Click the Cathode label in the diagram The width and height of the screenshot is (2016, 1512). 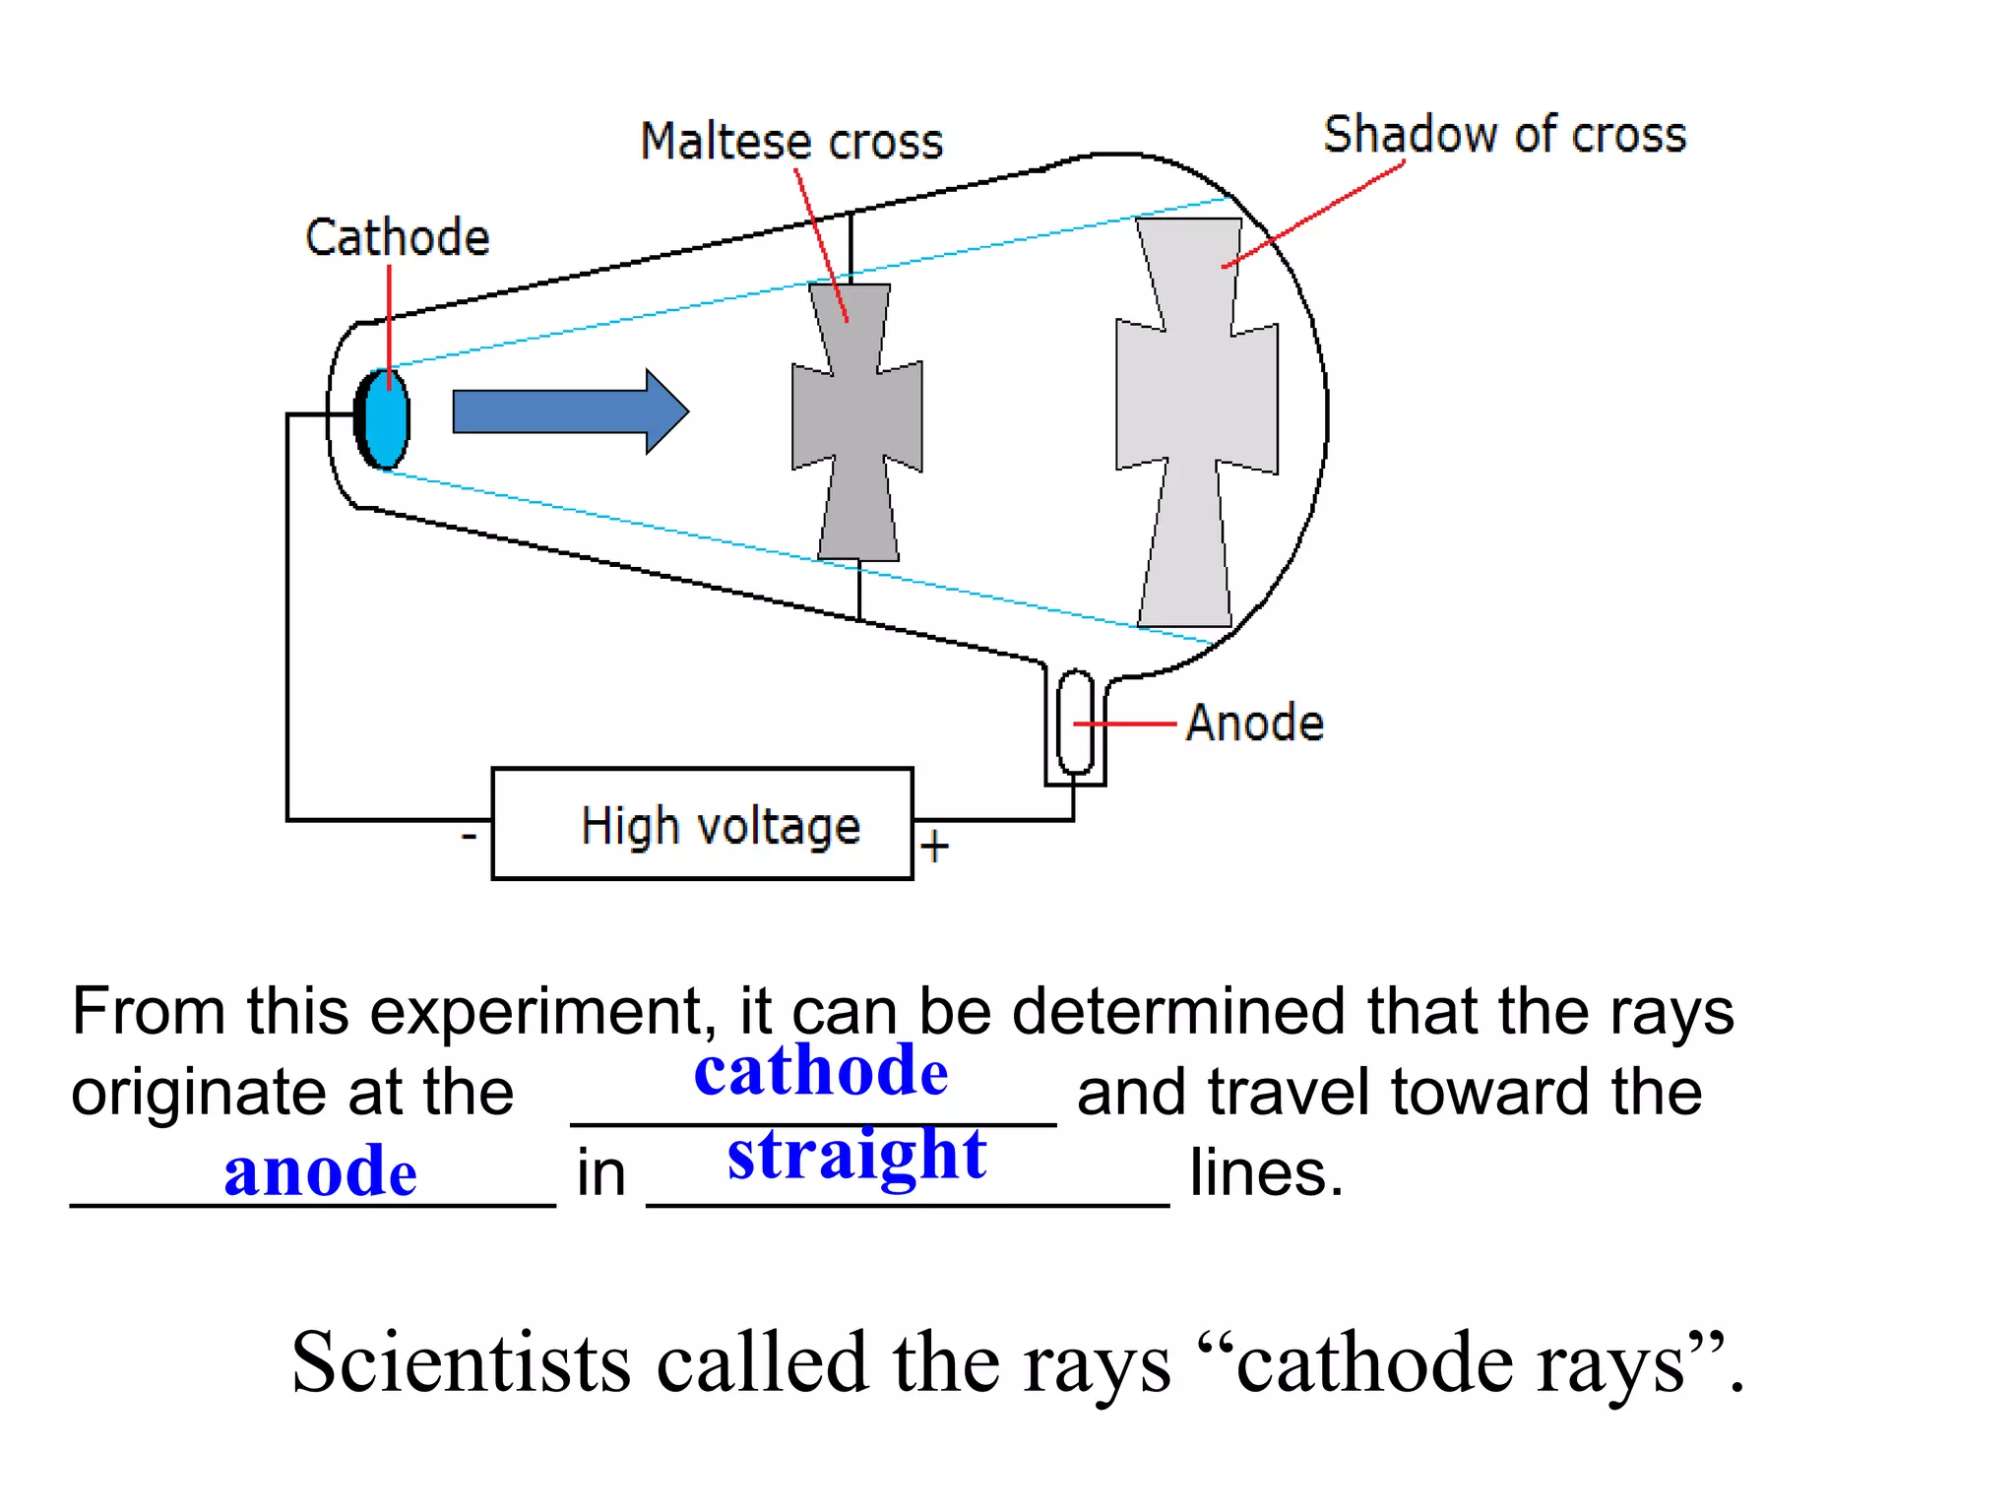pos(397,238)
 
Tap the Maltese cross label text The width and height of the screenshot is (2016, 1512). pos(791,141)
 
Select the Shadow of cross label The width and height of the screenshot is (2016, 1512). pos(1504,135)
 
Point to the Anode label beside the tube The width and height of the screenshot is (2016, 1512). pos(1254,724)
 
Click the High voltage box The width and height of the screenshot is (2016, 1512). pos(702,824)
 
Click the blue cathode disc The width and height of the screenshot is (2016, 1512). pos(386,418)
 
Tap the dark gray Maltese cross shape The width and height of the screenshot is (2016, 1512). pos(856,418)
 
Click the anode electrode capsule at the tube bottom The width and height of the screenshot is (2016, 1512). pos(1075,724)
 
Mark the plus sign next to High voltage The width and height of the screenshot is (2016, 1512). pos(934,847)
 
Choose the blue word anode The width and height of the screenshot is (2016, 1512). pos(320,1172)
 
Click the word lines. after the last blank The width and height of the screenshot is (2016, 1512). pos(1266,1172)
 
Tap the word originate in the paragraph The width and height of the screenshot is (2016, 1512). pos(202,1093)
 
